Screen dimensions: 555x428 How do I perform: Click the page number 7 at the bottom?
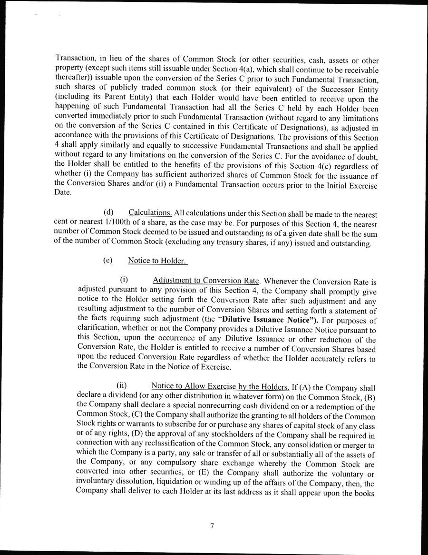point(212,526)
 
